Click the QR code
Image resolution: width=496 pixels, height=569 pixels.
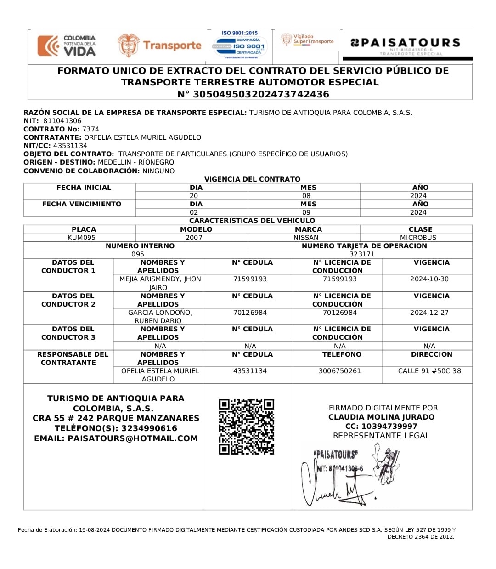coord(247,427)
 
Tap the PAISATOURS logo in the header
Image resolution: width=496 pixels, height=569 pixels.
coord(406,43)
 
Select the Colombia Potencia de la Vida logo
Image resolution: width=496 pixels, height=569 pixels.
coord(67,46)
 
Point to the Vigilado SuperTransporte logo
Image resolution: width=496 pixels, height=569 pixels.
coord(308,39)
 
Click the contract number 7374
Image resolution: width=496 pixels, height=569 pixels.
coord(90,129)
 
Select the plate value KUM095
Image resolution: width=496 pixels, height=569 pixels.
coord(81,238)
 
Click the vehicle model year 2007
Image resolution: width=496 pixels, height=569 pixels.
coord(194,238)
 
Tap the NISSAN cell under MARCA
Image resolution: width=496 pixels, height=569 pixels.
coord(306,238)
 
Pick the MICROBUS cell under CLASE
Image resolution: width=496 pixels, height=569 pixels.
coord(418,238)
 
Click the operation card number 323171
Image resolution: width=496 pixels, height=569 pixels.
coord(362,254)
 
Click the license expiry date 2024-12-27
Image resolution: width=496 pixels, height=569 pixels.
coord(429,313)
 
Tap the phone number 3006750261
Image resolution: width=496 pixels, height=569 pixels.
coord(339,371)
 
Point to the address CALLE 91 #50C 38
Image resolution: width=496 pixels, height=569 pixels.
coord(429,371)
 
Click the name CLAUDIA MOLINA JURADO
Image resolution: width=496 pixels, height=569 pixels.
coord(381,417)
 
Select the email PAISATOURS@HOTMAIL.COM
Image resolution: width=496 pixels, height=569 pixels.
coord(133,438)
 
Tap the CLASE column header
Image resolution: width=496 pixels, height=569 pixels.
coord(420,229)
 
